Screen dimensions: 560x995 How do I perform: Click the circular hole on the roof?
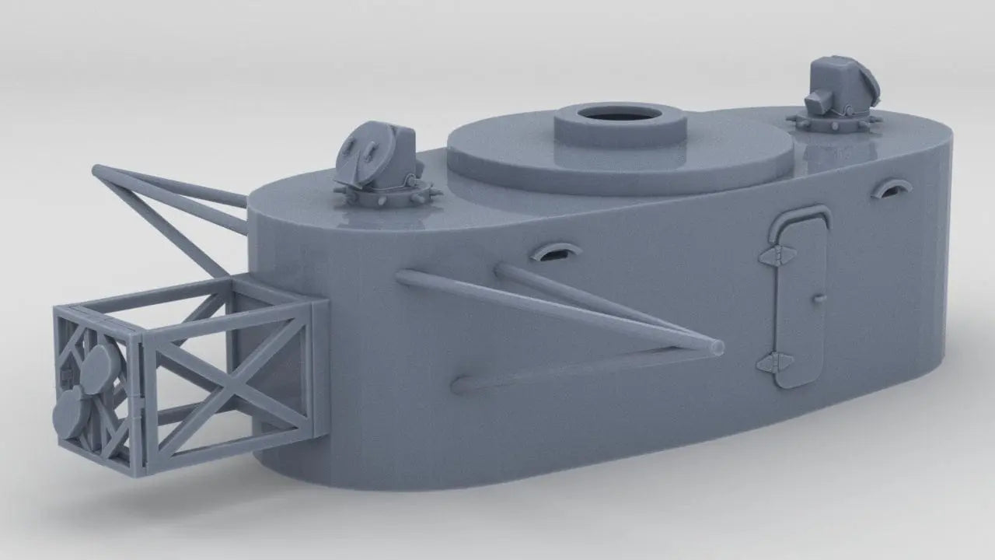[x=620, y=114]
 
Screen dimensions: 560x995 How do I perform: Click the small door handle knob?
[x=819, y=297]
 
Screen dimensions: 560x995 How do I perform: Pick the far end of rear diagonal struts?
[x=99, y=170]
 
